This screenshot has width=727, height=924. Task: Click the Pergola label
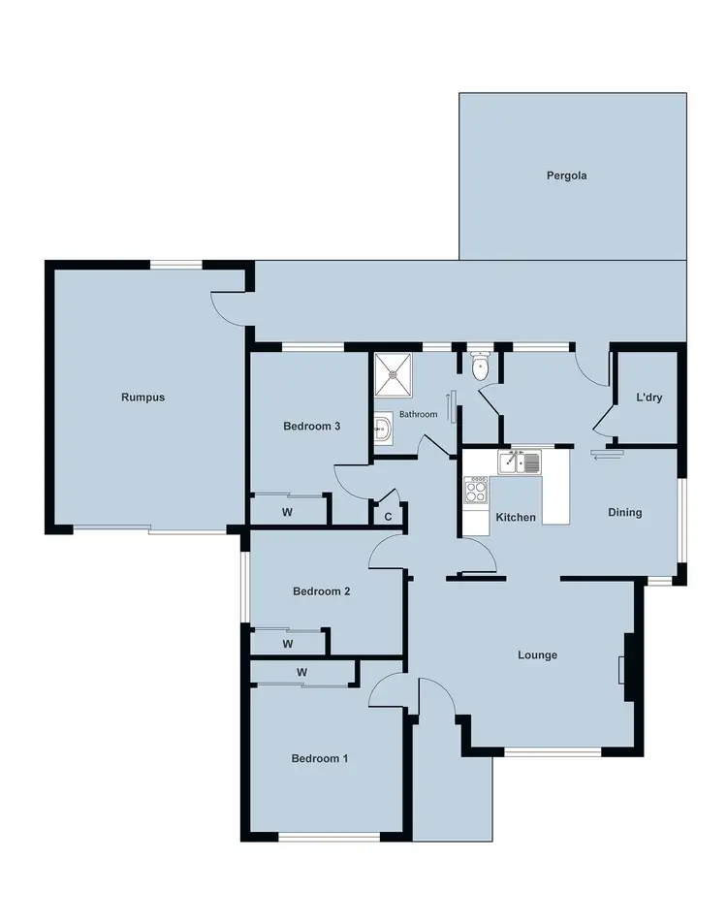click(x=567, y=176)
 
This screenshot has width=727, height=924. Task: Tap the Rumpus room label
click(x=142, y=397)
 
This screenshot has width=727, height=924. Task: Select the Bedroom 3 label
click(x=311, y=427)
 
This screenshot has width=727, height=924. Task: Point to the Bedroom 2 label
click(x=321, y=591)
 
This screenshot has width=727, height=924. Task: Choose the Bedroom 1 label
click(x=319, y=759)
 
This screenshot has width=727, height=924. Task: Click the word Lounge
click(x=537, y=655)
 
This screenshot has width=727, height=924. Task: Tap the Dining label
click(x=624, y=513)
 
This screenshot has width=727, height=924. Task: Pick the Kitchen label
click(x=516, y=518)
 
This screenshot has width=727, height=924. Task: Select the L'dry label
click(x=648, y=398)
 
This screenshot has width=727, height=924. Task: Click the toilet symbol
click(x=479, y=366)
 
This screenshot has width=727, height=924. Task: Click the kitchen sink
click(x=520, y=462)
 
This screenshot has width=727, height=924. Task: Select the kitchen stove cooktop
click(x=475, y=492)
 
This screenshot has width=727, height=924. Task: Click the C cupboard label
click(x=388, y=517)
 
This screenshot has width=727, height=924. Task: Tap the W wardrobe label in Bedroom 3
click(x=287, y=512)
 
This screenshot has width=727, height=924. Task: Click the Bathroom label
click(x=419, y=415)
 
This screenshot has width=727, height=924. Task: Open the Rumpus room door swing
click(x=229, y=307)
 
